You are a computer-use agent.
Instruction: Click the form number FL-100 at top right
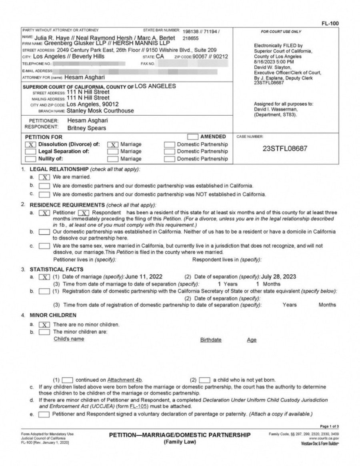(x=330, y=24)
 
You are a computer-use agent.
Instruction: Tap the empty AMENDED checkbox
(x=193, y=137)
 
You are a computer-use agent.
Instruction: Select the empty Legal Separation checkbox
(x=30, y=152)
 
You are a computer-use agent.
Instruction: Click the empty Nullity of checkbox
(x=30, y=159)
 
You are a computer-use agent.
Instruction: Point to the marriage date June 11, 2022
(x=144, y=276)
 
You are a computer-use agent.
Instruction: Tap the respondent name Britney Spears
(x=86, y=128)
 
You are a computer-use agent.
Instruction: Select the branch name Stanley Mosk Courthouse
(x=100, y=111)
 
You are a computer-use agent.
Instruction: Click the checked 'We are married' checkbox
(x=45, y=177)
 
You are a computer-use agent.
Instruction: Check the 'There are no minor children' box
(x=45, y=324)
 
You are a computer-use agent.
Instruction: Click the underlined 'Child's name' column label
(x=69, y=339)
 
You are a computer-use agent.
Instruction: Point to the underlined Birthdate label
(x=211, y=340)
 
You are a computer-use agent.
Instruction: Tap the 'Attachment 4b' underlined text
(x=125, y=380)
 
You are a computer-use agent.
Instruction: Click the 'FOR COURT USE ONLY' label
(x=281, y=32)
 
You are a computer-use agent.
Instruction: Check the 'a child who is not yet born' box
(x=204, y=380)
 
